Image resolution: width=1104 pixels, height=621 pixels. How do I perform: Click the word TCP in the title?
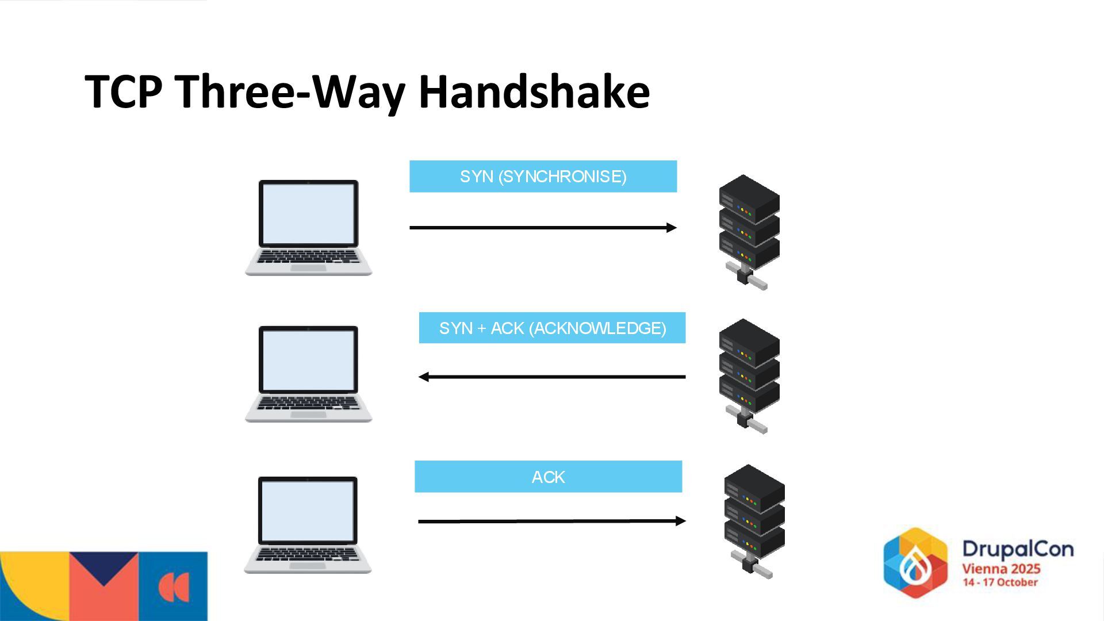click(123, 92)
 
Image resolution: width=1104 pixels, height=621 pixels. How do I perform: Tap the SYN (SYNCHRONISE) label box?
click(543, 177)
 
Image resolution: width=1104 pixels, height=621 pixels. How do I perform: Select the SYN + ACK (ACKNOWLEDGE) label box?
click(552, 328)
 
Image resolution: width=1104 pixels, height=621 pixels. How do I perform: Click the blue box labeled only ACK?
click(548, 477)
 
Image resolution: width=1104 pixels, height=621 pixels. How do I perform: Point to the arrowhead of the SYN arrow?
click(672, 228)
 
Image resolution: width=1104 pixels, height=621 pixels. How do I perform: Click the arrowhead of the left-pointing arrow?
click(424, 377)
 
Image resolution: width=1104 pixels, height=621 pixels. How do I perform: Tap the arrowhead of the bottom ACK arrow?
click(681, 521)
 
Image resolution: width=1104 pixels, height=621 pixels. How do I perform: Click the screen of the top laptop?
click(308, 213)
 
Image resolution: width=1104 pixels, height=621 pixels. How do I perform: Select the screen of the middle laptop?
click(308, 360)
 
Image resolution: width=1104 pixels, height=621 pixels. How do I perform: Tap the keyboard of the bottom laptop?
click(308, 554)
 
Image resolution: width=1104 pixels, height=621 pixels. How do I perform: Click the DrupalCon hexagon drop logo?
click(915, 562)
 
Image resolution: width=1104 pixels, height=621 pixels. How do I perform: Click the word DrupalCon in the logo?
click(1018, 549)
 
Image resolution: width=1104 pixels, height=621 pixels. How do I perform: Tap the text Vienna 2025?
click(1001, 569)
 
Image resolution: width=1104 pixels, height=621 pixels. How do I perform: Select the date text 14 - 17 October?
click(1000, 582)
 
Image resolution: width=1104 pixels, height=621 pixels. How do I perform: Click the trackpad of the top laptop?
click(308, 268)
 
